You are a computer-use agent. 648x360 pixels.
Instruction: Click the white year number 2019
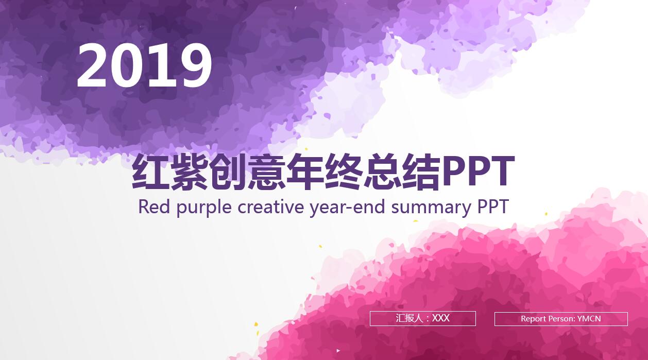144,65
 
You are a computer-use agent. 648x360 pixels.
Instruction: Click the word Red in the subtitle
154,207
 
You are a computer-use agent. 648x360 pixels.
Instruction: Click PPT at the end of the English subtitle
493,207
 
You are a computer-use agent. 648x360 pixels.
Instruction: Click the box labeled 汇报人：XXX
422,318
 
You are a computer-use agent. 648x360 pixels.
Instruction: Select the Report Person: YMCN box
561,319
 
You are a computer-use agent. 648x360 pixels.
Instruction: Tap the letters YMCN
589,319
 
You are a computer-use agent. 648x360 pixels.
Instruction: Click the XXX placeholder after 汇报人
441,318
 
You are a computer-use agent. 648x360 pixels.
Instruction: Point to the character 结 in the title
421,173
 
